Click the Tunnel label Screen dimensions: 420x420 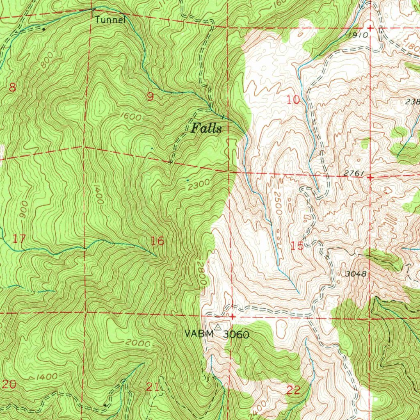point(110,19)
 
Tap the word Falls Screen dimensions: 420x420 point(206,129)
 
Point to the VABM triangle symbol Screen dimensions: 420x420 point(218,327)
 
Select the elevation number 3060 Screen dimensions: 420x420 point(236,335)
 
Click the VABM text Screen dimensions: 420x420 point(199,333)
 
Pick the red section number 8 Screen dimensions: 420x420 point(12,87)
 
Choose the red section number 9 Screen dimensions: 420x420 point(151,97)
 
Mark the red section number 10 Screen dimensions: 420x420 point(293,100)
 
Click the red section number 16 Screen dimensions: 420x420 point(157,241)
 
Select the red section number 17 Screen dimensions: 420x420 point(19,238)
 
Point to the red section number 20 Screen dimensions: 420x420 point(9,385)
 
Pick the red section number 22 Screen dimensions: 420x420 point(293,390)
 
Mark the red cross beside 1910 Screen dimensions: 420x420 point(370,28)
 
